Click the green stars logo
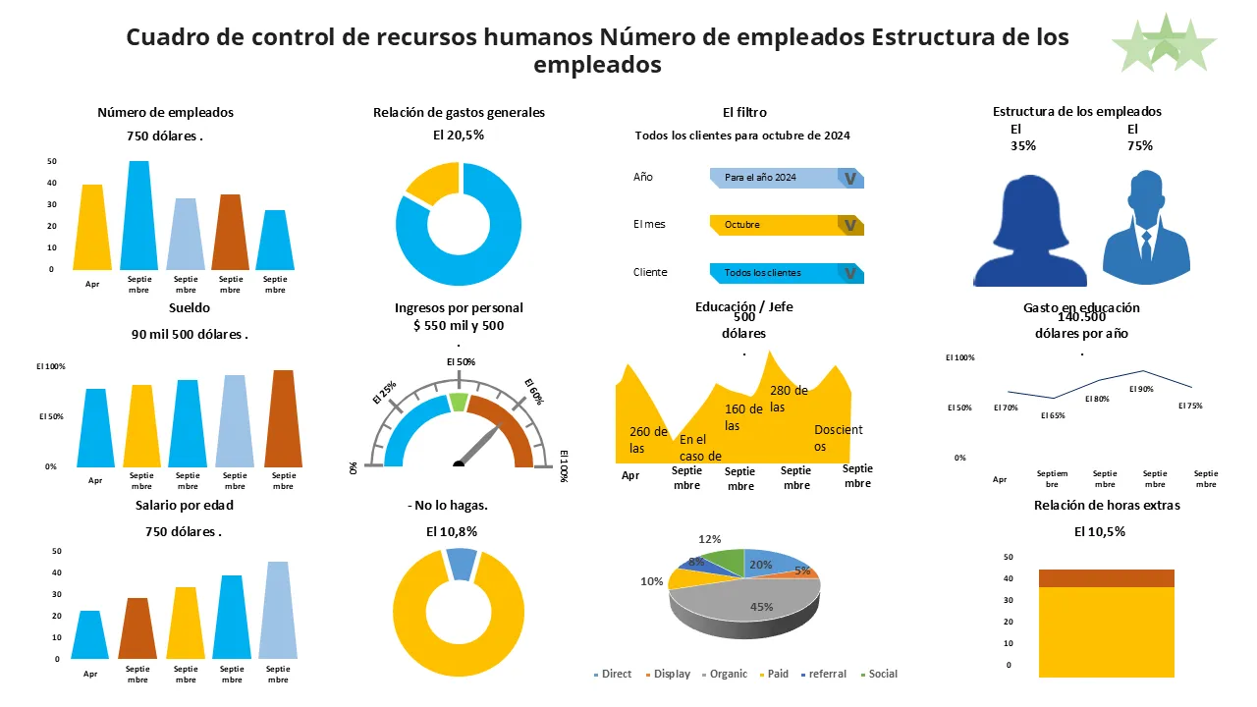(1164, 44)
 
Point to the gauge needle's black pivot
(458, 463)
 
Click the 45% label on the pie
(761, 607)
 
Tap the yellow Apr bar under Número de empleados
(92, 228)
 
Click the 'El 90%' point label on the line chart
(1141, 389)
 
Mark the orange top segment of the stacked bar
(1106, 578)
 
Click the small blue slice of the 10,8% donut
(461, 564)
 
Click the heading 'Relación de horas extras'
(1107, 506)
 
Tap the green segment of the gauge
(458, 402)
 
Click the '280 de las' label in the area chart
(789, 399)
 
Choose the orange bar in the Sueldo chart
(282, 419)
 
